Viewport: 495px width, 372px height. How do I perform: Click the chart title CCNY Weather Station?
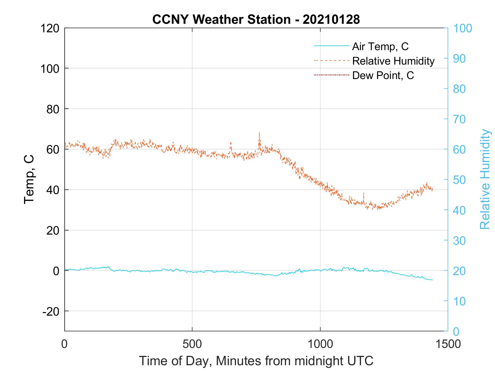[256, 20]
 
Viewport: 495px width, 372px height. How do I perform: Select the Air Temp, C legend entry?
[380, 46]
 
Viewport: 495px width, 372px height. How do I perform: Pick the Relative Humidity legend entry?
[393, 61]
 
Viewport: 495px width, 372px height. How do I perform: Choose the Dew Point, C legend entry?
[383, 76]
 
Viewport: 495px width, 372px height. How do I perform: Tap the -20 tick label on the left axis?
[51, 312]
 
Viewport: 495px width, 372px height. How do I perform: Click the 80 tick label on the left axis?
[53, 109]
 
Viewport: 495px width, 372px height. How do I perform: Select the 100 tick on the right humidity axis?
[463, 28]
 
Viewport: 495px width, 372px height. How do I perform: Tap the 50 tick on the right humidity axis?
[460, 180]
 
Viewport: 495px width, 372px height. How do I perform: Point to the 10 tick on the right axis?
[459, 301]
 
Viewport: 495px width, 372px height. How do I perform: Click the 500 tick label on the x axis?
[192, 344]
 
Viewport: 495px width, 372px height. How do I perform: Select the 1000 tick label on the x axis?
[320, 344]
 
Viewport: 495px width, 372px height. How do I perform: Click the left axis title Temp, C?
[29, 179]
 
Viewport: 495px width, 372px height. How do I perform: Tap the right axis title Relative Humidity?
[485, 179]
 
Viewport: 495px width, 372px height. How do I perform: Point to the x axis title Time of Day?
[256, 361]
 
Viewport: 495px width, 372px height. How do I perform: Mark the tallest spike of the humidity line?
[259, 133]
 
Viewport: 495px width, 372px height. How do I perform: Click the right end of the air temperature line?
[432, 280]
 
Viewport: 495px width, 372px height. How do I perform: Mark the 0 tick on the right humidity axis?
[456, 331]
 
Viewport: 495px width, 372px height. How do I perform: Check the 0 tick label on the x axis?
[65, 344]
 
